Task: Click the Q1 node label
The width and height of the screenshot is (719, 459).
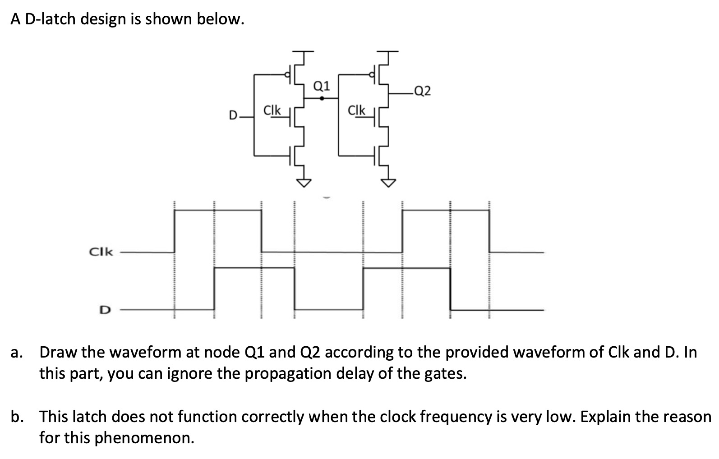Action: click(x=321, y=86)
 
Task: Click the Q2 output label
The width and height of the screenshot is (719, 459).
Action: click(x=422, y=92)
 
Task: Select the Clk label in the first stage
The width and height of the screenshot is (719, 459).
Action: click(x=272, y=110)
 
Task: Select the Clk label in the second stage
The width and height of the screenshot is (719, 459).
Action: click(x=356, y=110)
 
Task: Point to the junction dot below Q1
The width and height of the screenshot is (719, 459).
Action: click(x=321, y=97)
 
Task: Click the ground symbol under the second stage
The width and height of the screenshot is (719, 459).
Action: click(x=388, y=182)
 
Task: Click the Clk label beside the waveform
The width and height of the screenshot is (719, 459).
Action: click(x=101, y=252)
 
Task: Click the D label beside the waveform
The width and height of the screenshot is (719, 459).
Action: click(x=104, y=310)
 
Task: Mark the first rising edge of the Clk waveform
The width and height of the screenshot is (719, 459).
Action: click(x=175, y=231)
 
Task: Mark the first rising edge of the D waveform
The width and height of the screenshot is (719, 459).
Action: click(x=214, y=289)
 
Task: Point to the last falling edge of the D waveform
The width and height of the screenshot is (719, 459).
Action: click(x=451, y=289)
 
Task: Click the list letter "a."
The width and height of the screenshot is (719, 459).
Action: click(x=17, y=352)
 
